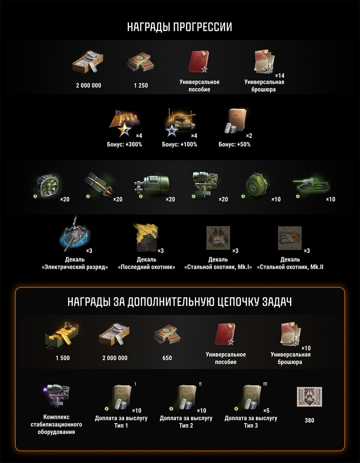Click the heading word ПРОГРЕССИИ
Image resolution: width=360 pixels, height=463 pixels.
pyautogui.click(x=202, y=27)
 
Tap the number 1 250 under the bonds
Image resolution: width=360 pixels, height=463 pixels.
pyautogui.click(x=141, y=85)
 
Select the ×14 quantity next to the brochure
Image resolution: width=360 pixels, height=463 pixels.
pyautogui.click(x=280, y=76)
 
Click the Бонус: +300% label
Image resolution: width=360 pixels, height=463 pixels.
pyautogui.click(x=125, y=145)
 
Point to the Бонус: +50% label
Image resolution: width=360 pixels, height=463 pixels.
pyautogui.click(x=234, y=145)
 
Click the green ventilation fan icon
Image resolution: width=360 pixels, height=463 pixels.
pyautogui.click(x=48, y=186)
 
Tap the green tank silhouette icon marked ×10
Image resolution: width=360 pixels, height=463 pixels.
pyautogui.click(x=311, y=185)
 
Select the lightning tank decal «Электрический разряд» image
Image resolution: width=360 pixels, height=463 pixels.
pyautogui.click(x=75, y=234)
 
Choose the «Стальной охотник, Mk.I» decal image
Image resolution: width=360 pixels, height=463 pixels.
pyautogui.click(x=218, y=238)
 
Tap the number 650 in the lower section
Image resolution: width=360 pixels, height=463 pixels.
pyautogui.click(x=167, y=358)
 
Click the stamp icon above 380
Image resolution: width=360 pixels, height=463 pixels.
pyautogui.click(x=309, y=397)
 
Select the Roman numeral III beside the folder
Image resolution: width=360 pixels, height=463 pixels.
pyautogui.click(x=265, y=384)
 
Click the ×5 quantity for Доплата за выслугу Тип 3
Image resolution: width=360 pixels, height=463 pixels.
pyautogui.click(x=266, y=410)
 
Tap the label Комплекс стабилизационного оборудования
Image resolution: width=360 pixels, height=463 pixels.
pyautogui.click(x=56, y=425)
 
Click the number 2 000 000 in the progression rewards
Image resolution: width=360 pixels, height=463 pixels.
pyautogui.click(x=89, y=85)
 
